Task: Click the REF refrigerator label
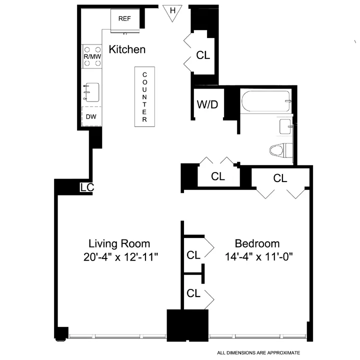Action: (124, 19)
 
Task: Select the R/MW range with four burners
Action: (91, 56)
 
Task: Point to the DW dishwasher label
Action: (91, 117)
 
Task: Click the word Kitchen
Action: (127, 49)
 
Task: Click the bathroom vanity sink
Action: (285, 126)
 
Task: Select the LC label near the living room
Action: (86, 187)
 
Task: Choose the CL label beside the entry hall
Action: (203, 55)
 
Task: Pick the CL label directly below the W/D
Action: (217, 176)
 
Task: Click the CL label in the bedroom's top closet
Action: (280, 178)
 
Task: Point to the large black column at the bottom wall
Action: (187, 325)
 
